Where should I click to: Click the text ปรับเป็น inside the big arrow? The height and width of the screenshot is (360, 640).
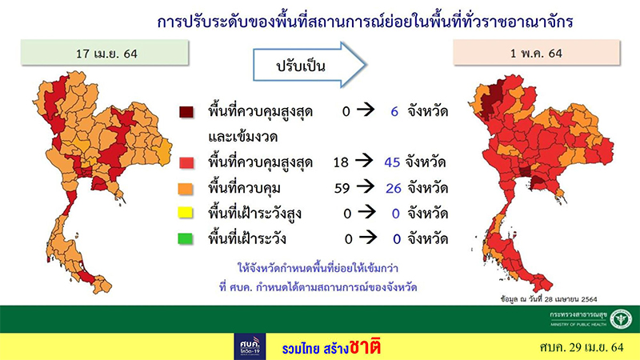pyautogui.click(x=300, y=65)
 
